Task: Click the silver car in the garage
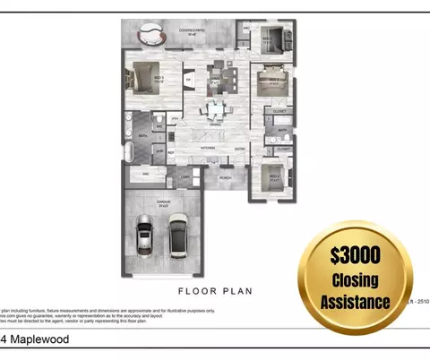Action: click(x=145, y=236)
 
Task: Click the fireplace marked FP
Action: click(x=188, y=80)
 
